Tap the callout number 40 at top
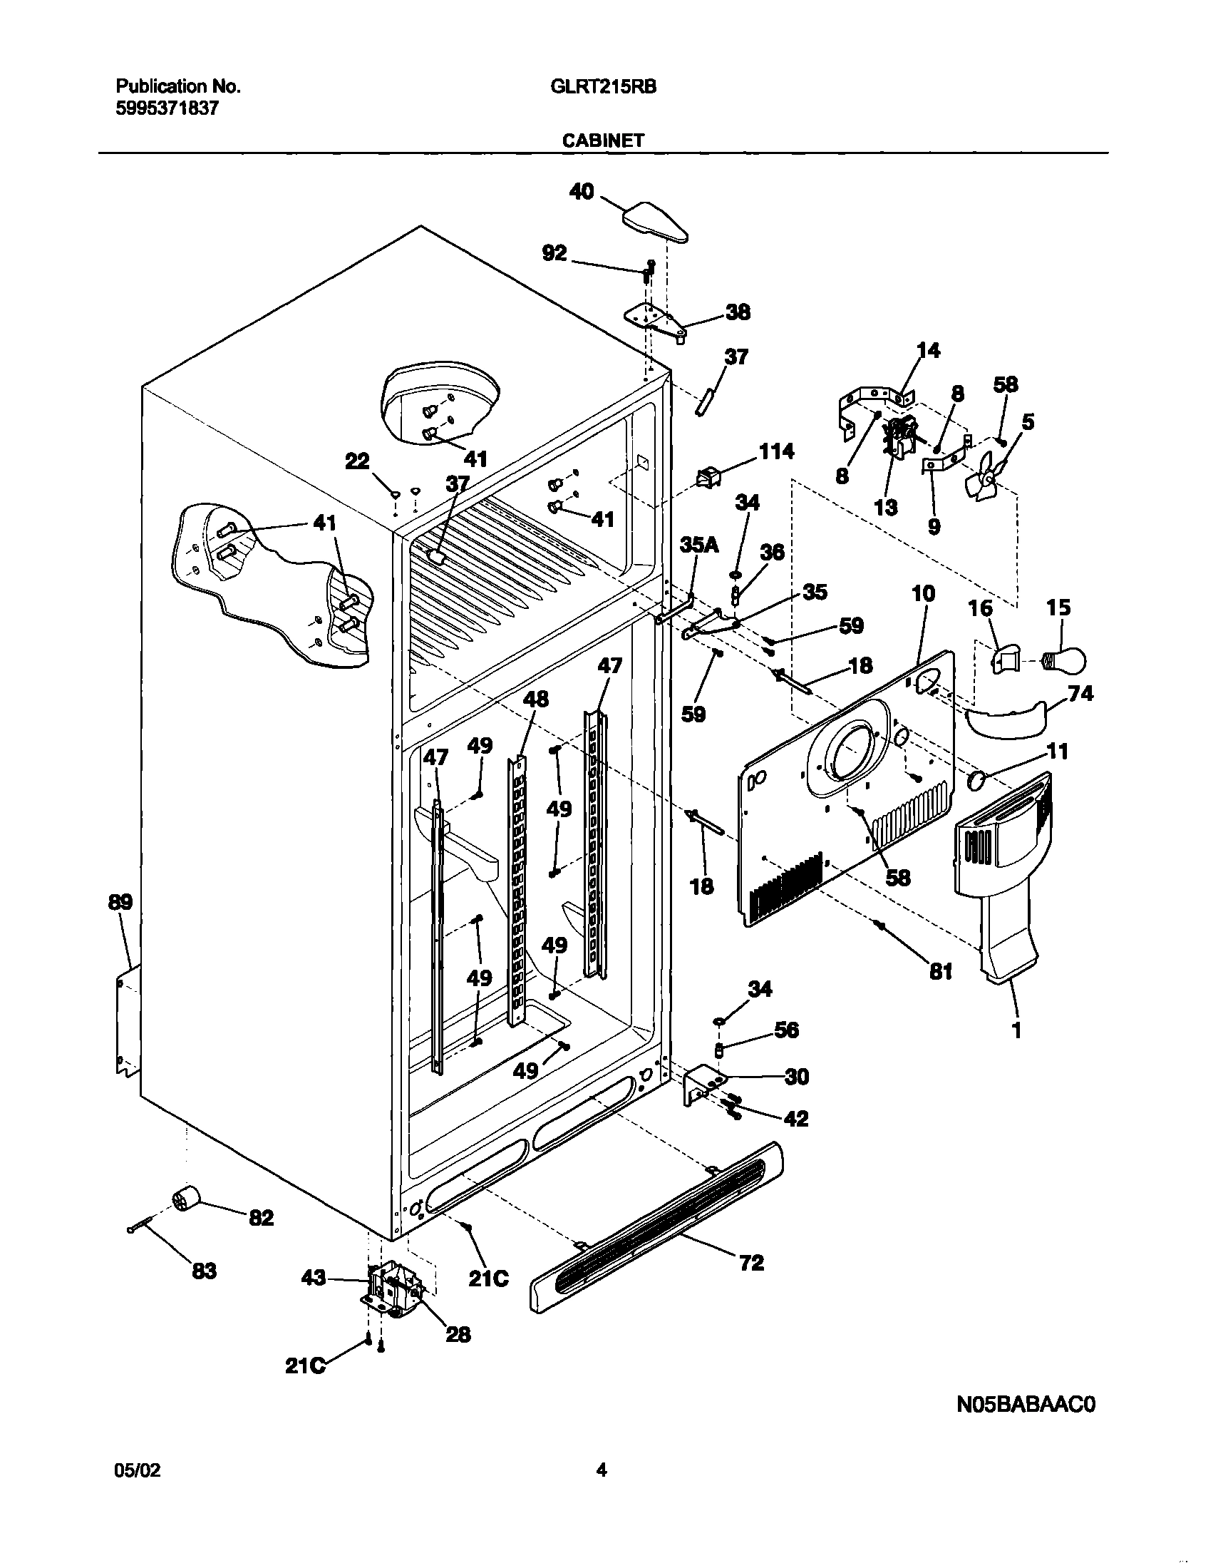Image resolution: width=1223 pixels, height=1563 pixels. (x=581, y=191)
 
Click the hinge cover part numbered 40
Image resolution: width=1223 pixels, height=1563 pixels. (x=656, y=222)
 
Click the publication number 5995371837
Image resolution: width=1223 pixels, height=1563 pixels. (x=167, y=108)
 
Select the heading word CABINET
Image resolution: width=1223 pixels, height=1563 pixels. (x=603, y=140)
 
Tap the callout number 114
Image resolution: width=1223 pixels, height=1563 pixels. (x=776, y=451)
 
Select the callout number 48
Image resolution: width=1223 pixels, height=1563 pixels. (x=536, y=699)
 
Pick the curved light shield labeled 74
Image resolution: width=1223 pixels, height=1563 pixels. (x=1006, y=720)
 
